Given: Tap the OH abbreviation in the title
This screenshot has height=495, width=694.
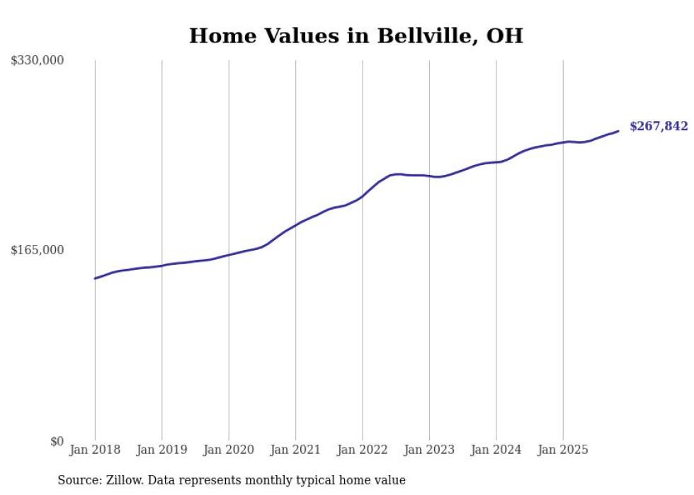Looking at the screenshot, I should [504, 36].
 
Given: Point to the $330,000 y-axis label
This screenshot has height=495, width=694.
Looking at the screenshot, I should [38, 61].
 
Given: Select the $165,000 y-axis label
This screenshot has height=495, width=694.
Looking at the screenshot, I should [38, 250].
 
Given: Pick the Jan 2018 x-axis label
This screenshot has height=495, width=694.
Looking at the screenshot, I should [95, 450].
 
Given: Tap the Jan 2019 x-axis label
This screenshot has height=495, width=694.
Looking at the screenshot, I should [161, 450].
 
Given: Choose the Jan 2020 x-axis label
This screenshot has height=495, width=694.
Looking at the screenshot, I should [229, 450].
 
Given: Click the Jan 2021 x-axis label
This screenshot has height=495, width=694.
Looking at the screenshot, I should [295, 450].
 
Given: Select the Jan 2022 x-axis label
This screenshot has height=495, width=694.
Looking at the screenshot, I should [363, 450].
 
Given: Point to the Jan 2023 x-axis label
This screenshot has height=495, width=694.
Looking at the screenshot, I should [429, 450].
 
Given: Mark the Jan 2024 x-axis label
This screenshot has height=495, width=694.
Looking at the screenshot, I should [496, 450].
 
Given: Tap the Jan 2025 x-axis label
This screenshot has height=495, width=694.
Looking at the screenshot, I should [563, 450].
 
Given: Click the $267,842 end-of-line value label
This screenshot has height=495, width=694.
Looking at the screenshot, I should [658, 127].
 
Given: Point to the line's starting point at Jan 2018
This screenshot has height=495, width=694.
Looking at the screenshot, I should [95, 278].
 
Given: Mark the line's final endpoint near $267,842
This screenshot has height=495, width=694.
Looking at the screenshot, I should [618, 131].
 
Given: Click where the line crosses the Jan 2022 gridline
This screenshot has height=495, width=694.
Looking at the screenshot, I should [363, 195].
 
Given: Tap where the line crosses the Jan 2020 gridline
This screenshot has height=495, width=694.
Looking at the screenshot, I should [229, 254].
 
